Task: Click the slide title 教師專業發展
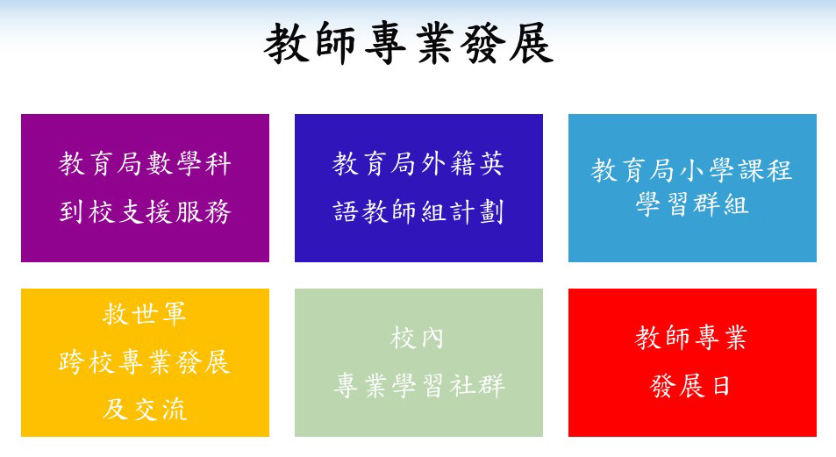[409, 43]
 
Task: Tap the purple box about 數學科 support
[145, 188]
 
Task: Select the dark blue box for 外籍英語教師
[418, 188]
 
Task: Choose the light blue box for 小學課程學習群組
[692, 188]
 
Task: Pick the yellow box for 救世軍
[145, 362]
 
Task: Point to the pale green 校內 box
[418, 362]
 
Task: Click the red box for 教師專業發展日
[692, 362]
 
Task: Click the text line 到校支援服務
[145, 211]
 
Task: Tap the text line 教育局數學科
[145, 163]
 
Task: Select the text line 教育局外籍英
[418, 163]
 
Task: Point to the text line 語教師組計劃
[418, 211]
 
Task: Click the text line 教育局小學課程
[691, 170]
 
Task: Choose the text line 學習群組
[692, 204]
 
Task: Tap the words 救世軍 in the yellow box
[145, 313]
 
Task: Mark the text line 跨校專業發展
[145, 362]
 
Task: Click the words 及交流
[145, 410]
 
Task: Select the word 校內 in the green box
[417, 338]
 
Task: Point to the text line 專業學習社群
[419, 386]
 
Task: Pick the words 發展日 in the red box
[691, 386]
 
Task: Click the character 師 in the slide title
[335, 43]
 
